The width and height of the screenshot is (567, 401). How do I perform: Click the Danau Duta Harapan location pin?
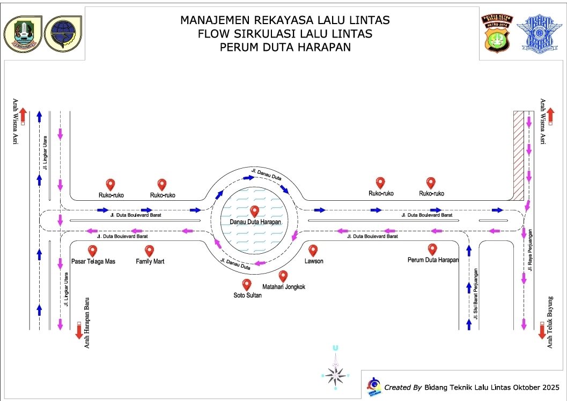pos(254,211)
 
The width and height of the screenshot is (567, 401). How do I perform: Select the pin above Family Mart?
pos(150,251)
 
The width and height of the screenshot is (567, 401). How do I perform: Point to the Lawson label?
pos(314,261)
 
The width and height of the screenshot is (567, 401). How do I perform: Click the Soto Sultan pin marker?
pos(247,284)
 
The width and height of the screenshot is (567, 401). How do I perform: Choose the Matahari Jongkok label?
pos(284,287)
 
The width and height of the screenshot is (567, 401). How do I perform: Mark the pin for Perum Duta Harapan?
pos(432,249)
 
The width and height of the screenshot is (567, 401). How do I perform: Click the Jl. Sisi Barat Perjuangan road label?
pos(475,292)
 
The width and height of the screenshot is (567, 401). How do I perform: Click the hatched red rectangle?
pos(518,155)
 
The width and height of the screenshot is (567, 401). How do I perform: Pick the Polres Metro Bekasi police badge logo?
pos(496,33)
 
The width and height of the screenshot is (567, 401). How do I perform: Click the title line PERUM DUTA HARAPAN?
pos(285,47)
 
